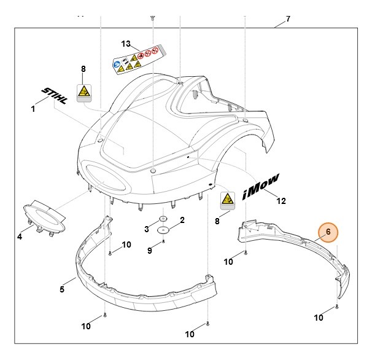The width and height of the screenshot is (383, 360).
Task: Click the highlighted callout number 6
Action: coord(328,232)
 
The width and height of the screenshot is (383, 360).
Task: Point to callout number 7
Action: coord(288,19)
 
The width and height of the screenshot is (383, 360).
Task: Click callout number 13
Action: coord(126,44)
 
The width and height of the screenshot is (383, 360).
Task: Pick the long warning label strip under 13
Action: coord(138,59)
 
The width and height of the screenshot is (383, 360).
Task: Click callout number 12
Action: coord(281,201)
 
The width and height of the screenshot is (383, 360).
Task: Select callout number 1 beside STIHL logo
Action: coord(33,109)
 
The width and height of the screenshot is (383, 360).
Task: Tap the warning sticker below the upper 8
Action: coord(83,93)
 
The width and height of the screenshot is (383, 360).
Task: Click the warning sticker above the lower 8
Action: coord(228,200)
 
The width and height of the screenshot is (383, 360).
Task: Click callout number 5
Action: coord(62,288)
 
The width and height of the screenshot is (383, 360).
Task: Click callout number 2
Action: coord(182,220)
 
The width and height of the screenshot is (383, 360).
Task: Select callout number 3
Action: coord(147,229)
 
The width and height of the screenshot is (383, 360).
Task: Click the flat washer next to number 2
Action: coord(164,230)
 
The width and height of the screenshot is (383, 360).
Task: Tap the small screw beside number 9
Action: coord(164,243)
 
